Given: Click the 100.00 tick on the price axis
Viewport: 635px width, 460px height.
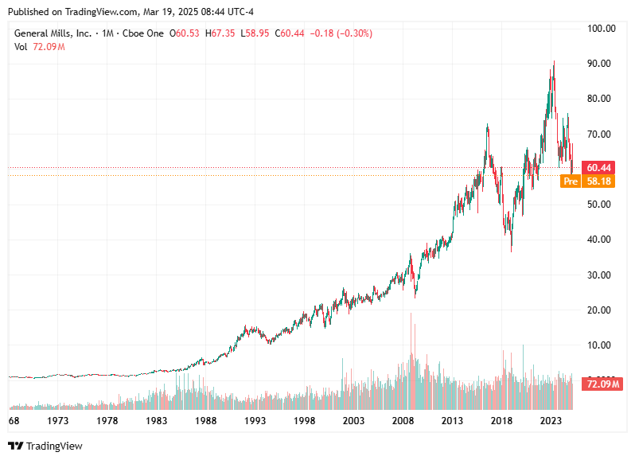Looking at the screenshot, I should coord(601,29).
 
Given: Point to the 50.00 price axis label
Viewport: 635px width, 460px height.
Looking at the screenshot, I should coord(601,205).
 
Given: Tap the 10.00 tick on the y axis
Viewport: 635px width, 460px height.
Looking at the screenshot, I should coord(601,345).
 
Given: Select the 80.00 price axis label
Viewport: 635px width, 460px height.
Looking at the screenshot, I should coord(601,99).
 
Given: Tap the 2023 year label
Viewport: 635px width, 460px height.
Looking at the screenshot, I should coord(551,420).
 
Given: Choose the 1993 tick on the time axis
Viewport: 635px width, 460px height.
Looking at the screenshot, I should coord(255,420).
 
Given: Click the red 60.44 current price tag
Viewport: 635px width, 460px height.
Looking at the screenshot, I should coord(598,168).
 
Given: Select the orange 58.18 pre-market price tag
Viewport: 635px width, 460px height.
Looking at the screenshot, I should coord(598,181).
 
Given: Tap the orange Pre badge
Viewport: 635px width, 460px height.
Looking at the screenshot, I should coord(570,181).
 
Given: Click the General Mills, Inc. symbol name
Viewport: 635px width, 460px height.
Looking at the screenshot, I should coord(53,33).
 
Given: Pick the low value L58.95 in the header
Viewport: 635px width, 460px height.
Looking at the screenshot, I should coord(255,33).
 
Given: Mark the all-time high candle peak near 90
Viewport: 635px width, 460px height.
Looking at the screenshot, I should coord(554,61).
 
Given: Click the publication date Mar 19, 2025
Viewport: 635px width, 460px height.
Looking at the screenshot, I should coord(147,12).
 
